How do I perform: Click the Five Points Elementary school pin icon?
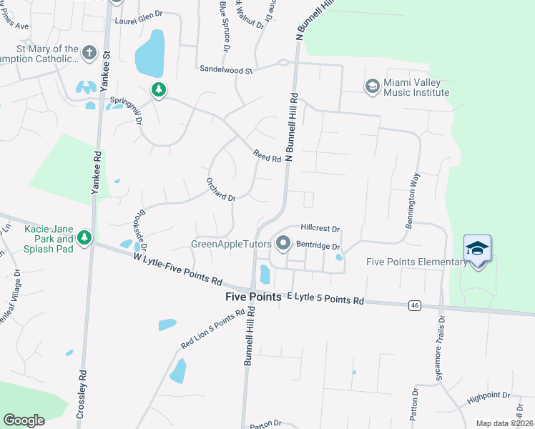[477, 249]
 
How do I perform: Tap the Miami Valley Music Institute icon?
[372, 87]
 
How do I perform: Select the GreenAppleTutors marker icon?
[283, 244]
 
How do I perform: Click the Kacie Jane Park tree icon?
[85, 237]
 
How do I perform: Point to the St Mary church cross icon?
[89, 53]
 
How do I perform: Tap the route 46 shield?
[414, 305]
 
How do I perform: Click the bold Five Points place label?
[252, 296]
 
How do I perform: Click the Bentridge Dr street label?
[318, 245]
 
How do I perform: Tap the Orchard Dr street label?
[220, 189]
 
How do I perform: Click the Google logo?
[24, 420]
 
